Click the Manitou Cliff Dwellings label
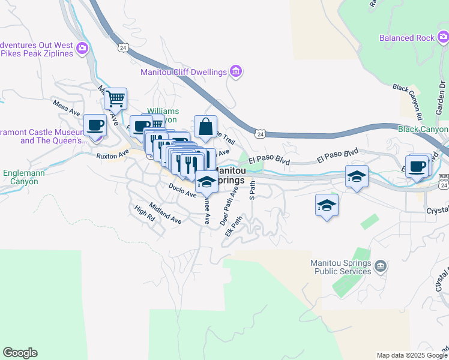click(x=184, y=72)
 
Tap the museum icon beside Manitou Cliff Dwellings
click(x=236, y=72)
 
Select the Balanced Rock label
click(x=406, y=38)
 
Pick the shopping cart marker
click(x=115, y=98)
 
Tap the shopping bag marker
click(x=205, y=126)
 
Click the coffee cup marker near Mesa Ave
click(x=95, y=125)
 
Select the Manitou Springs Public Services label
click(x=341, y=268)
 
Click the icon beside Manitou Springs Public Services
click(x=380, y=265)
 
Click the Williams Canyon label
click(x=163, y=115)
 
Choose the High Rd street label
click(x=145, y=212)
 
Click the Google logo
click(x=20, y=353)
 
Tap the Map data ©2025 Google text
click(x=411, y=355)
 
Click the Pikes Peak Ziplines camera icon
click(x=82, y=47)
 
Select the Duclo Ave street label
click(x=182, y=191)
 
